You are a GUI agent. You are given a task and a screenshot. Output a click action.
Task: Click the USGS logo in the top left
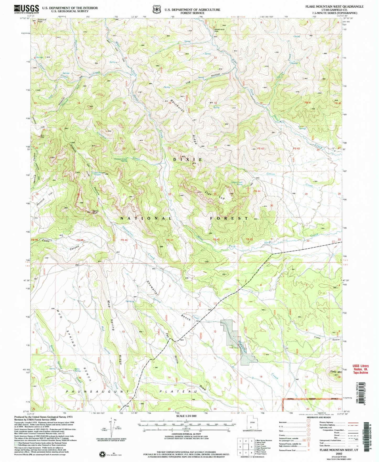click(x=26, y=9)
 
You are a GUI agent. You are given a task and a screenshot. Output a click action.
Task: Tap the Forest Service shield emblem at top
click(x=157, y=9)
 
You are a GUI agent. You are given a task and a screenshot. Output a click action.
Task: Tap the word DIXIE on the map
click(x=188, y=160)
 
